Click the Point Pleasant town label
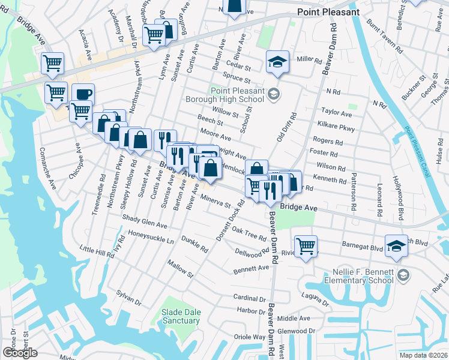coord(330,12)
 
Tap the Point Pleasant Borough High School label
coord(237,95)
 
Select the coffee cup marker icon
coord(83,94)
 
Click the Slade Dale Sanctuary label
coord(180,316)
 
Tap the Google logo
coord(20,353)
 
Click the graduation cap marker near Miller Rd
coord(277,61)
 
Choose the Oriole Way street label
coord(250,337)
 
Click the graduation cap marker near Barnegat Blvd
coord(396,246)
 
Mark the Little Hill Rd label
coord(97,251)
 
